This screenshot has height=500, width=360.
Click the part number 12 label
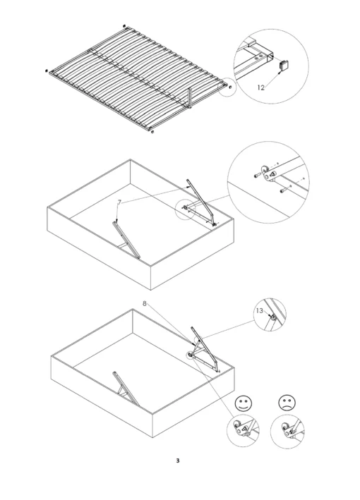(260, 88)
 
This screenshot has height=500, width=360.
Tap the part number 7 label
(120, 202)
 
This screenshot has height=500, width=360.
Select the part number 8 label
(145, 303)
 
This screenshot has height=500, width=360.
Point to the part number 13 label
(259, 310)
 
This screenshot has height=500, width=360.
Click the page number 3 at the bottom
(178, 462)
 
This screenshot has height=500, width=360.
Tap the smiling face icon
(241, 404)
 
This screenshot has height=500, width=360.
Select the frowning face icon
(286, 404)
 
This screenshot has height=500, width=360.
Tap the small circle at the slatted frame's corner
(227, 87)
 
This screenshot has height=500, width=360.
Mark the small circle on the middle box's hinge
(186, 209)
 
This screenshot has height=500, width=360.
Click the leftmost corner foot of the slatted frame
(47, 71)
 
